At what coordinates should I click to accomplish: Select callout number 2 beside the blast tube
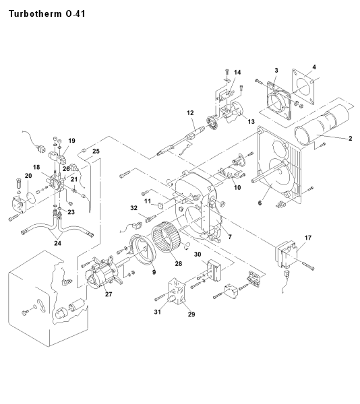pos(350,139)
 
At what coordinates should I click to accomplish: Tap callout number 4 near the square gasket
pos(314,67)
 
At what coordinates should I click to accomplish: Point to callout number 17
pos(308,238)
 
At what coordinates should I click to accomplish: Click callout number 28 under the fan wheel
pos(179,263)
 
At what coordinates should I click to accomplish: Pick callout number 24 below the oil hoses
pos(57,243)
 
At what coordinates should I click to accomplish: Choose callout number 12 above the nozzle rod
pos(190,113)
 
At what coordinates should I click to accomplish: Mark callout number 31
pos(157,312)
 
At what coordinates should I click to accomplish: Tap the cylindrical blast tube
pos(322,121)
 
